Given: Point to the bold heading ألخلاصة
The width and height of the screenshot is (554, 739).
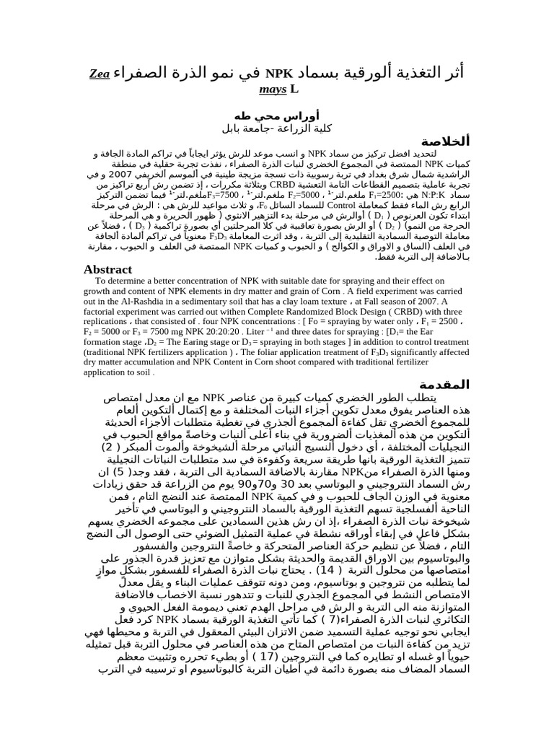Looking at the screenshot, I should [x=441, y=141].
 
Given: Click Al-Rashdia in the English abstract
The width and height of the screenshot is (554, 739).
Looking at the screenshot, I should [x=144, y=304].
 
